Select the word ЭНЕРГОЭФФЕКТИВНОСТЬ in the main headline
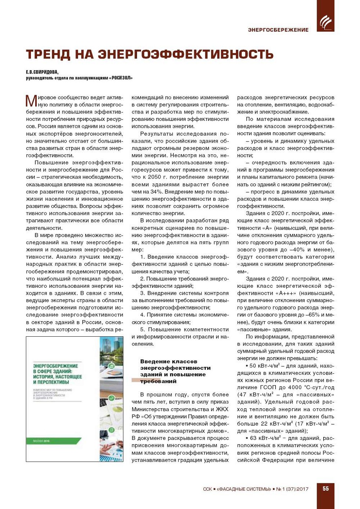point(186,54)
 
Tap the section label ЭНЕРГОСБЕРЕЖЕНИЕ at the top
point(278,30)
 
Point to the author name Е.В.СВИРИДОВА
point(42,72)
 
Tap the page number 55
point(325,489)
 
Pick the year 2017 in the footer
point(302,489)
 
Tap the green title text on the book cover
point(57,374)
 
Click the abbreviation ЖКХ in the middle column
point(222,409)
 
